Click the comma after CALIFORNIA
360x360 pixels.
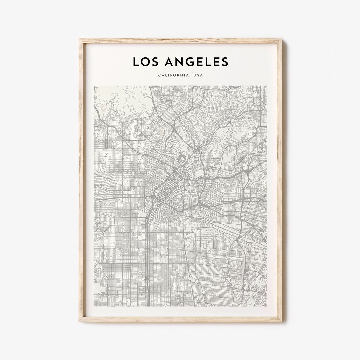tap(189, 76)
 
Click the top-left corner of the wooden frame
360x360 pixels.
tap(79, 39)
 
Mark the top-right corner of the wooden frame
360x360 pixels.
tap(282, 39)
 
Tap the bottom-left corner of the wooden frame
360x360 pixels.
tap(79, 321)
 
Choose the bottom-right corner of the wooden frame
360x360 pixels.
tap(282, 321)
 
